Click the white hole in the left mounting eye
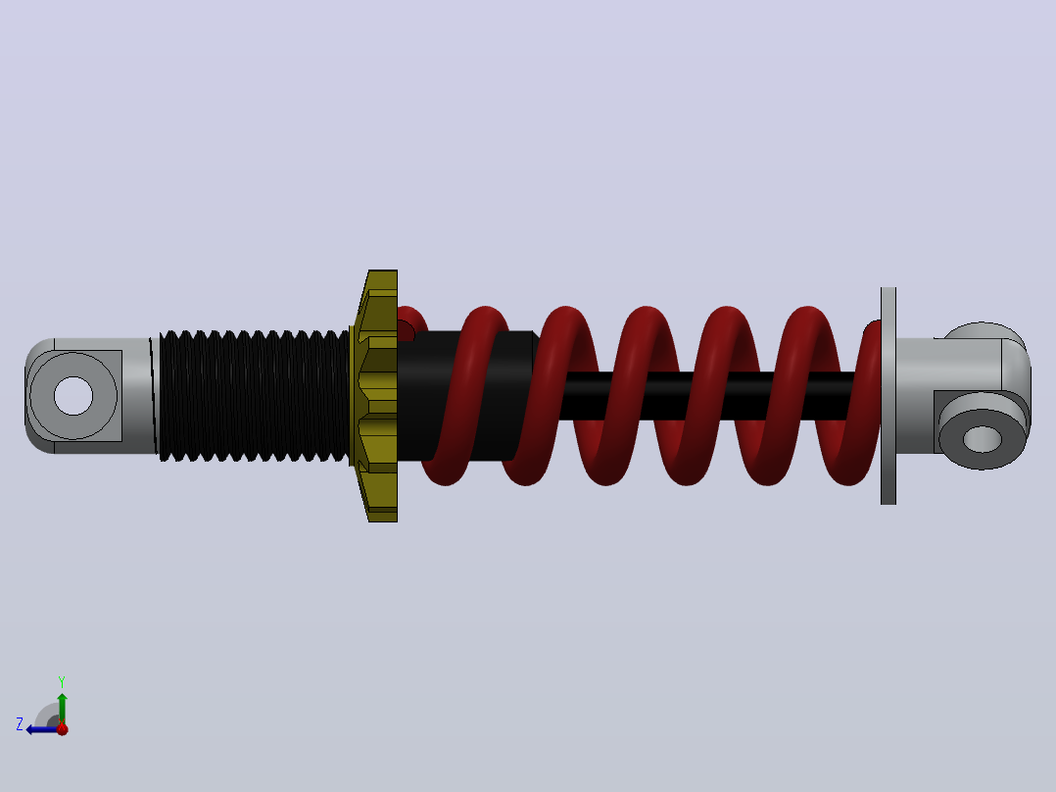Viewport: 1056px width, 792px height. tap(73, 396)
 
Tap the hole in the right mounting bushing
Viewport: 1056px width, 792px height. tap(983, 439)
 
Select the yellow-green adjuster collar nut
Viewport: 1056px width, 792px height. tap(374, 396)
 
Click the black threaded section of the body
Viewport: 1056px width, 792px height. tap(254, 396)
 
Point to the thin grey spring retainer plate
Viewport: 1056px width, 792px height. tap(888, 396)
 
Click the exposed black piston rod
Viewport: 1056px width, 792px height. tap(707, 396)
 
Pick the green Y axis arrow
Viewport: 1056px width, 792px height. tap(62, 709)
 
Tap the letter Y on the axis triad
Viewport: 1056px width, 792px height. tap(62, 681)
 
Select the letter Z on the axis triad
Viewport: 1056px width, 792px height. tap(20, 724)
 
